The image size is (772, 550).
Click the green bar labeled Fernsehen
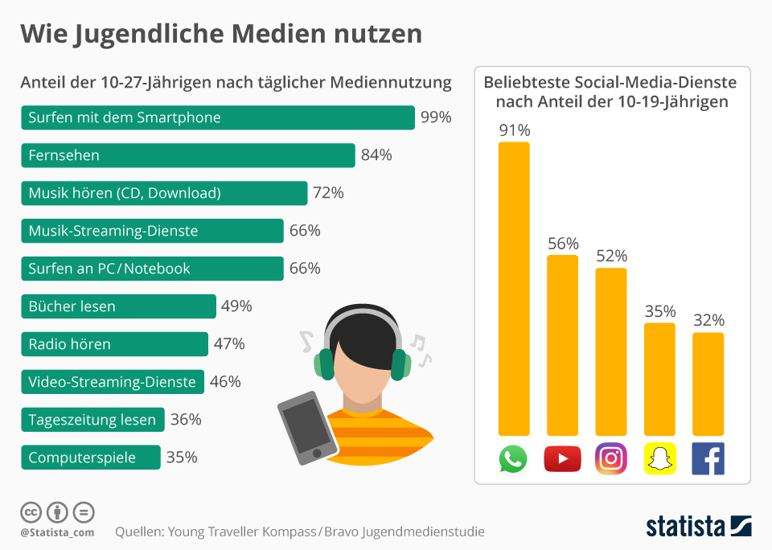(x=187, y=155)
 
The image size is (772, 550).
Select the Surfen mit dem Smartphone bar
(x=217, y=117)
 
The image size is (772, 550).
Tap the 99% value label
(x=436, y=117)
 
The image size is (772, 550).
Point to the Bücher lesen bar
(x=118, y=306)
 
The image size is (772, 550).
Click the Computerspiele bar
(x=90, y=458)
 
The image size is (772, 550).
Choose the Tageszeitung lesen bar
(x=92, y=420)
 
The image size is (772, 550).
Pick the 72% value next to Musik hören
(x=328, y=193)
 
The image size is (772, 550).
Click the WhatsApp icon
(x=513, y=459)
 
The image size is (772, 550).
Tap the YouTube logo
(x=562, y=459)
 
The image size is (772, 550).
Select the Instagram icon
(x=611, y=459)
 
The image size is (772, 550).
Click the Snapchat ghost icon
(x=659, y=459)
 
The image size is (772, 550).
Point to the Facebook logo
(x=708, y=459)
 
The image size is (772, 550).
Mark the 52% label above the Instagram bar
(x=611, y=256)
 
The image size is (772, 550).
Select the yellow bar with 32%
(x=708, y=384)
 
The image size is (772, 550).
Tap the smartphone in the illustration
(x=306, y=427)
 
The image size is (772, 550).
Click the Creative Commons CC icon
(x=31, y=511)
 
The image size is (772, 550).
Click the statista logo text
(x=685, y=527)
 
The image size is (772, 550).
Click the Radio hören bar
(x=114, y=344)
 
